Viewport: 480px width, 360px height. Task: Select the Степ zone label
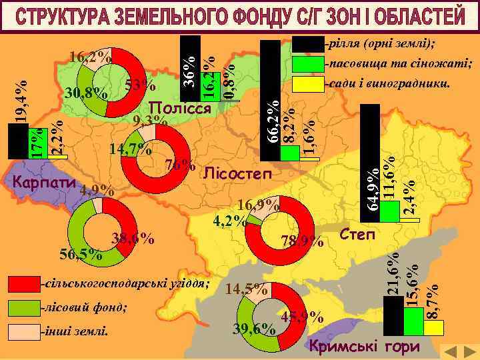[357, 235]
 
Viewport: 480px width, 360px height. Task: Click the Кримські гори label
[365, 347]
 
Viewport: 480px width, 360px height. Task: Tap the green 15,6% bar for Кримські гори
[413, 321]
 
